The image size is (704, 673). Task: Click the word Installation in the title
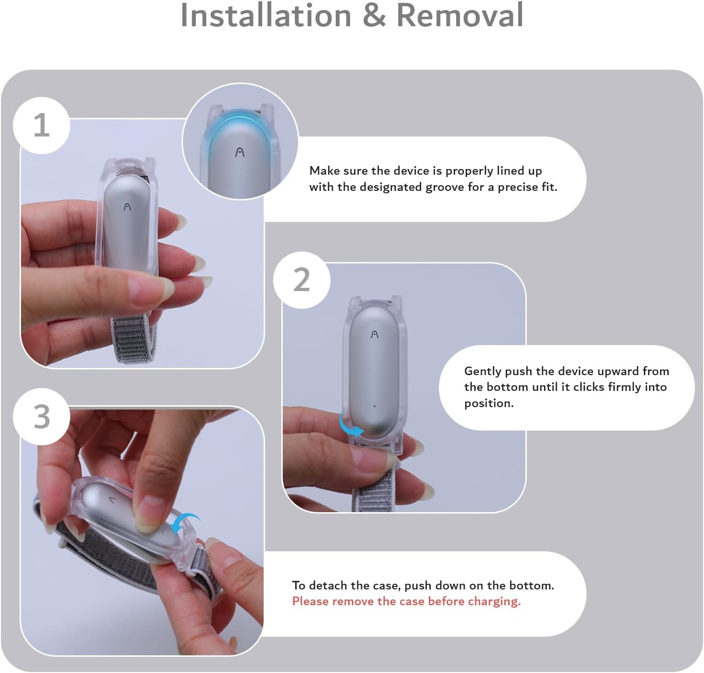pyautogui.click(x=266, y=15)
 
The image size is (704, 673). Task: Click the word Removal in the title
pyautogui.click(x=460, y=15)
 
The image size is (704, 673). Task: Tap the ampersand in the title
pyautogui.click(x=374, y=15)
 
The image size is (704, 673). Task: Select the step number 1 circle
pyautogui.click(x=42, y=125)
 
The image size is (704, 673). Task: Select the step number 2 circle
pyautogui.click(x=302, y=280)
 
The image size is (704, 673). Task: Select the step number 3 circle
pyautogui.click(x=42, y=417)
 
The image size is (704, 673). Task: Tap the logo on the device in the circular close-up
pyautogui.click(x=239, y=153)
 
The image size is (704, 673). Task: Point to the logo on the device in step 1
pyautogui.click(x=127, y=207)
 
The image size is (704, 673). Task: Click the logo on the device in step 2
pyautogui.click(x=374, y=335)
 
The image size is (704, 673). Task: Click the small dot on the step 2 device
pyautogui.click(x=374, y=406)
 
